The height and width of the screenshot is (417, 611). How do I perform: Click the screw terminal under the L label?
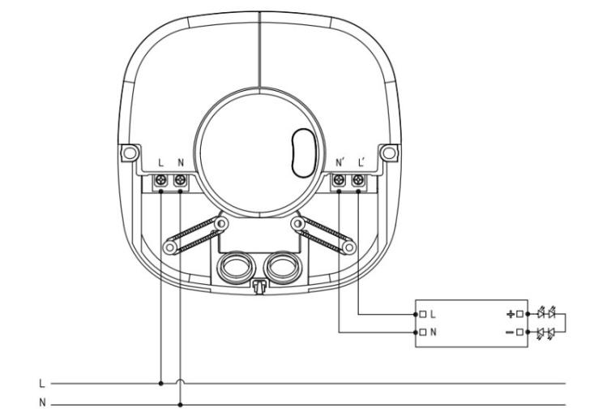pos(161,183)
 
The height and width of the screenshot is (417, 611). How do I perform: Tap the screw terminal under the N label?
pos(180,183)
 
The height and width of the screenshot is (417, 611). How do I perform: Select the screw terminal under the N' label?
pos(339,183)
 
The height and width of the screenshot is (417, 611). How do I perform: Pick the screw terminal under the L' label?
pos(357,183)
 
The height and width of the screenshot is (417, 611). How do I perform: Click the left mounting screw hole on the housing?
pos(125,152)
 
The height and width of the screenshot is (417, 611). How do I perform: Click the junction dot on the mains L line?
pos(161,383)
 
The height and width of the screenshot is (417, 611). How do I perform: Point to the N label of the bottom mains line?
pos(41,402)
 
